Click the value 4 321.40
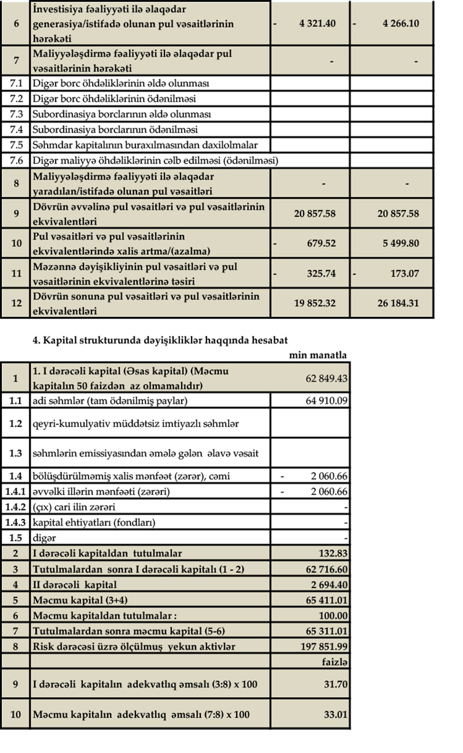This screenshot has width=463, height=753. tap(318, 24)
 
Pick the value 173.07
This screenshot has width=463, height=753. tap(404, 274)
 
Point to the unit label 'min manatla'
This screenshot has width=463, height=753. tap(318, 355)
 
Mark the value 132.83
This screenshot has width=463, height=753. tap(333, 553)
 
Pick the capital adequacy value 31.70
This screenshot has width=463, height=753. tap(337, 685)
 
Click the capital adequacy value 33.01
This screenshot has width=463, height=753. tap(337, 714)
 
